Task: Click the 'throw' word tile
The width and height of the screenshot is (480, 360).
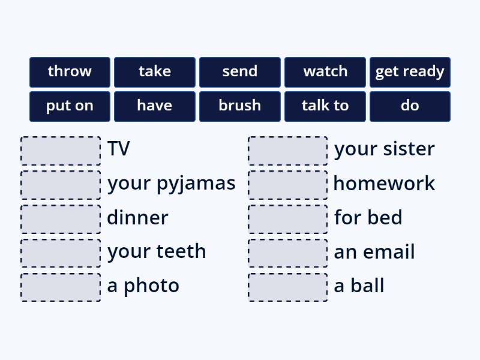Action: click(x=70, y=72)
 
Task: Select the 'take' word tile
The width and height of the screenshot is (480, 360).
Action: click(x=155, y=72)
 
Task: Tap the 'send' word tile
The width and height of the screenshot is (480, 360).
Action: click(x=240, y=72)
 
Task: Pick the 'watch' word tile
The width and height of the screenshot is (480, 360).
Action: click(x=325, y=72)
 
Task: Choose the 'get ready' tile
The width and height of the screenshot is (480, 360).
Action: click(x=410, y=72)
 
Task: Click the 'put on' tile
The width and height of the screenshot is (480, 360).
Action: click(x=70, y=106)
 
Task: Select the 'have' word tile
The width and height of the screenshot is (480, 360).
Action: click(x=155, y=106)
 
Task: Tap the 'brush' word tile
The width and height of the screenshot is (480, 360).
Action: click(x=240, y=106)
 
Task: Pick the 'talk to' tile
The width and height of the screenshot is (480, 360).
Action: click(x=325, y=106)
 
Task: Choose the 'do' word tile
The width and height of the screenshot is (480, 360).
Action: click(x=410, y=106)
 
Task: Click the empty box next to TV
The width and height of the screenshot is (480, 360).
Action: click(x=61, y=151)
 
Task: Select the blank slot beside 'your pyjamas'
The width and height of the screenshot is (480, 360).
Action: click(x=61, y=185)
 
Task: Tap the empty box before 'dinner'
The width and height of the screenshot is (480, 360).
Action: click(x=61, y=219)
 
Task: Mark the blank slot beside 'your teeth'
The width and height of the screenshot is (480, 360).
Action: click(x=61, y=253)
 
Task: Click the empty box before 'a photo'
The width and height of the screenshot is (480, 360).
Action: click(x=61, y=287)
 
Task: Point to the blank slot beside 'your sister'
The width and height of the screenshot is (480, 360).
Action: click(x=288, y=151)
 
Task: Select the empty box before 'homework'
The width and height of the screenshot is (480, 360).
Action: click(x=288, y=185)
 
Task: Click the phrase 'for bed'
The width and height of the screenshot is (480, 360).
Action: click(x=368, y=217)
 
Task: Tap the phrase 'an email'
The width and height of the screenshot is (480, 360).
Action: click(x=374, y=252)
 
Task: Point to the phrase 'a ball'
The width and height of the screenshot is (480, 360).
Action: click(x=359, y=286)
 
